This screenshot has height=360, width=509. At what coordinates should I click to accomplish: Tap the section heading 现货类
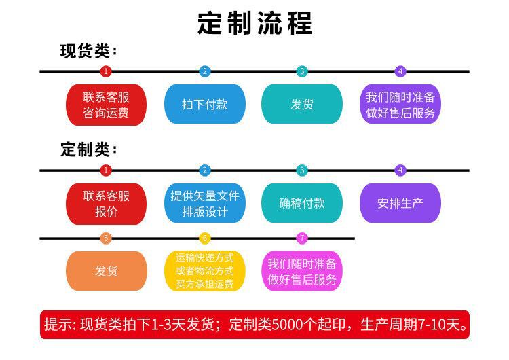[x=85, y=52]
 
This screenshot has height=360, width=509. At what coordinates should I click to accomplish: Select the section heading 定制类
[x=85, y=149]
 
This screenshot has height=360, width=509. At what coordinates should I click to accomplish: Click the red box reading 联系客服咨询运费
[x=106, y=104]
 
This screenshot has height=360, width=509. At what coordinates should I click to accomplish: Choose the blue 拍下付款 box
[x=204, y=104]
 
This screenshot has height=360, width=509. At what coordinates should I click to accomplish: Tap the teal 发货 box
[x=302, y=104]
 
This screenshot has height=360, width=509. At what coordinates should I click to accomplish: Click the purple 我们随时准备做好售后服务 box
[x=400, y=104]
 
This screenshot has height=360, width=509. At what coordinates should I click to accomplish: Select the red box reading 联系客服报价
[x=106, y=203]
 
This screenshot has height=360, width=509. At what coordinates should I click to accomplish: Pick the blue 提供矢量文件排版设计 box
[x=204, y=203]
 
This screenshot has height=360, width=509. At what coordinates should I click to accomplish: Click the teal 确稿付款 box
[x=302, y=203]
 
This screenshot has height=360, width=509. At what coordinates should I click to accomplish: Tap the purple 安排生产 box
[x=400, y=203]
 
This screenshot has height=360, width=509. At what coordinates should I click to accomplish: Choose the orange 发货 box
[x=106, y=271]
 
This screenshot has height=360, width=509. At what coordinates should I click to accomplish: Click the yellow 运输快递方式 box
[x=204, y=271]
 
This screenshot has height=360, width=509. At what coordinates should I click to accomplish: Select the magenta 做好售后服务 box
[x=302, y=271]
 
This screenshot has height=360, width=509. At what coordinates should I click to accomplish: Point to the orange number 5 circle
[x=105, y=238]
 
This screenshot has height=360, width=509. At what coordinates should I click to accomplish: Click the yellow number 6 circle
[x=205, y=238]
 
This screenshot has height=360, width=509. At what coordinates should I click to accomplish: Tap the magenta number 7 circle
[x=302, y=238]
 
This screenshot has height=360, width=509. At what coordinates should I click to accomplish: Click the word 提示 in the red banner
[x=56, y=325]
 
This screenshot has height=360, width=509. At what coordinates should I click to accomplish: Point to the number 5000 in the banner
[x=288, y=325]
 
